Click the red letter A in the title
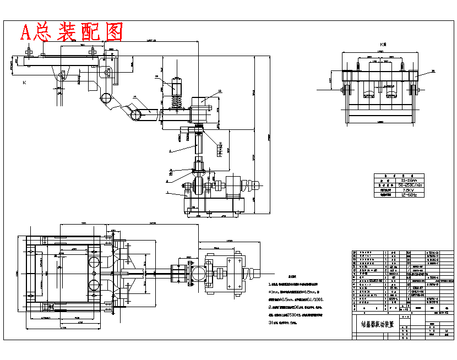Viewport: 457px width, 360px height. tap(26, 32)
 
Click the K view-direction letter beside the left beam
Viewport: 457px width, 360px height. tap(24, 83)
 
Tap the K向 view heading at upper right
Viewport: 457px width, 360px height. tap(383, 44)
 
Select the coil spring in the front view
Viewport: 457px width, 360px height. tap(177, 102)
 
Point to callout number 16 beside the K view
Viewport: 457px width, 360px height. tap(433, 71)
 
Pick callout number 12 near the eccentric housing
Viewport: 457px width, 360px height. tap(220, 91)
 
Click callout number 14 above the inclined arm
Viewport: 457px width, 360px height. tap(134, 97)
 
